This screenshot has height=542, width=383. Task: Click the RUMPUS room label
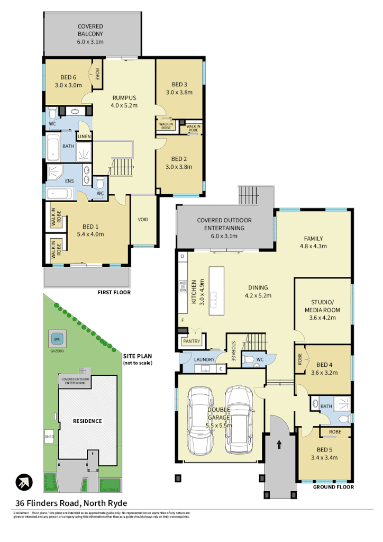(124, 102)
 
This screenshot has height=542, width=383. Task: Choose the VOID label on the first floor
(143, 220)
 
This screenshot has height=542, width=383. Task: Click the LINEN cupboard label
(84, 137)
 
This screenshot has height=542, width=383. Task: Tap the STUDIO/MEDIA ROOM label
(322, 311)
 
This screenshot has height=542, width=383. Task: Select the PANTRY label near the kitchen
(191, 342)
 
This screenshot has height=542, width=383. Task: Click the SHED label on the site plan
(49, 437)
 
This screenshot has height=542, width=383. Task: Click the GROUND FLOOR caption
(333, 487)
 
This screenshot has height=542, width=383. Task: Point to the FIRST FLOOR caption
(114, 292)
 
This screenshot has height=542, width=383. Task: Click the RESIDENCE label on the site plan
(87, 421)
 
